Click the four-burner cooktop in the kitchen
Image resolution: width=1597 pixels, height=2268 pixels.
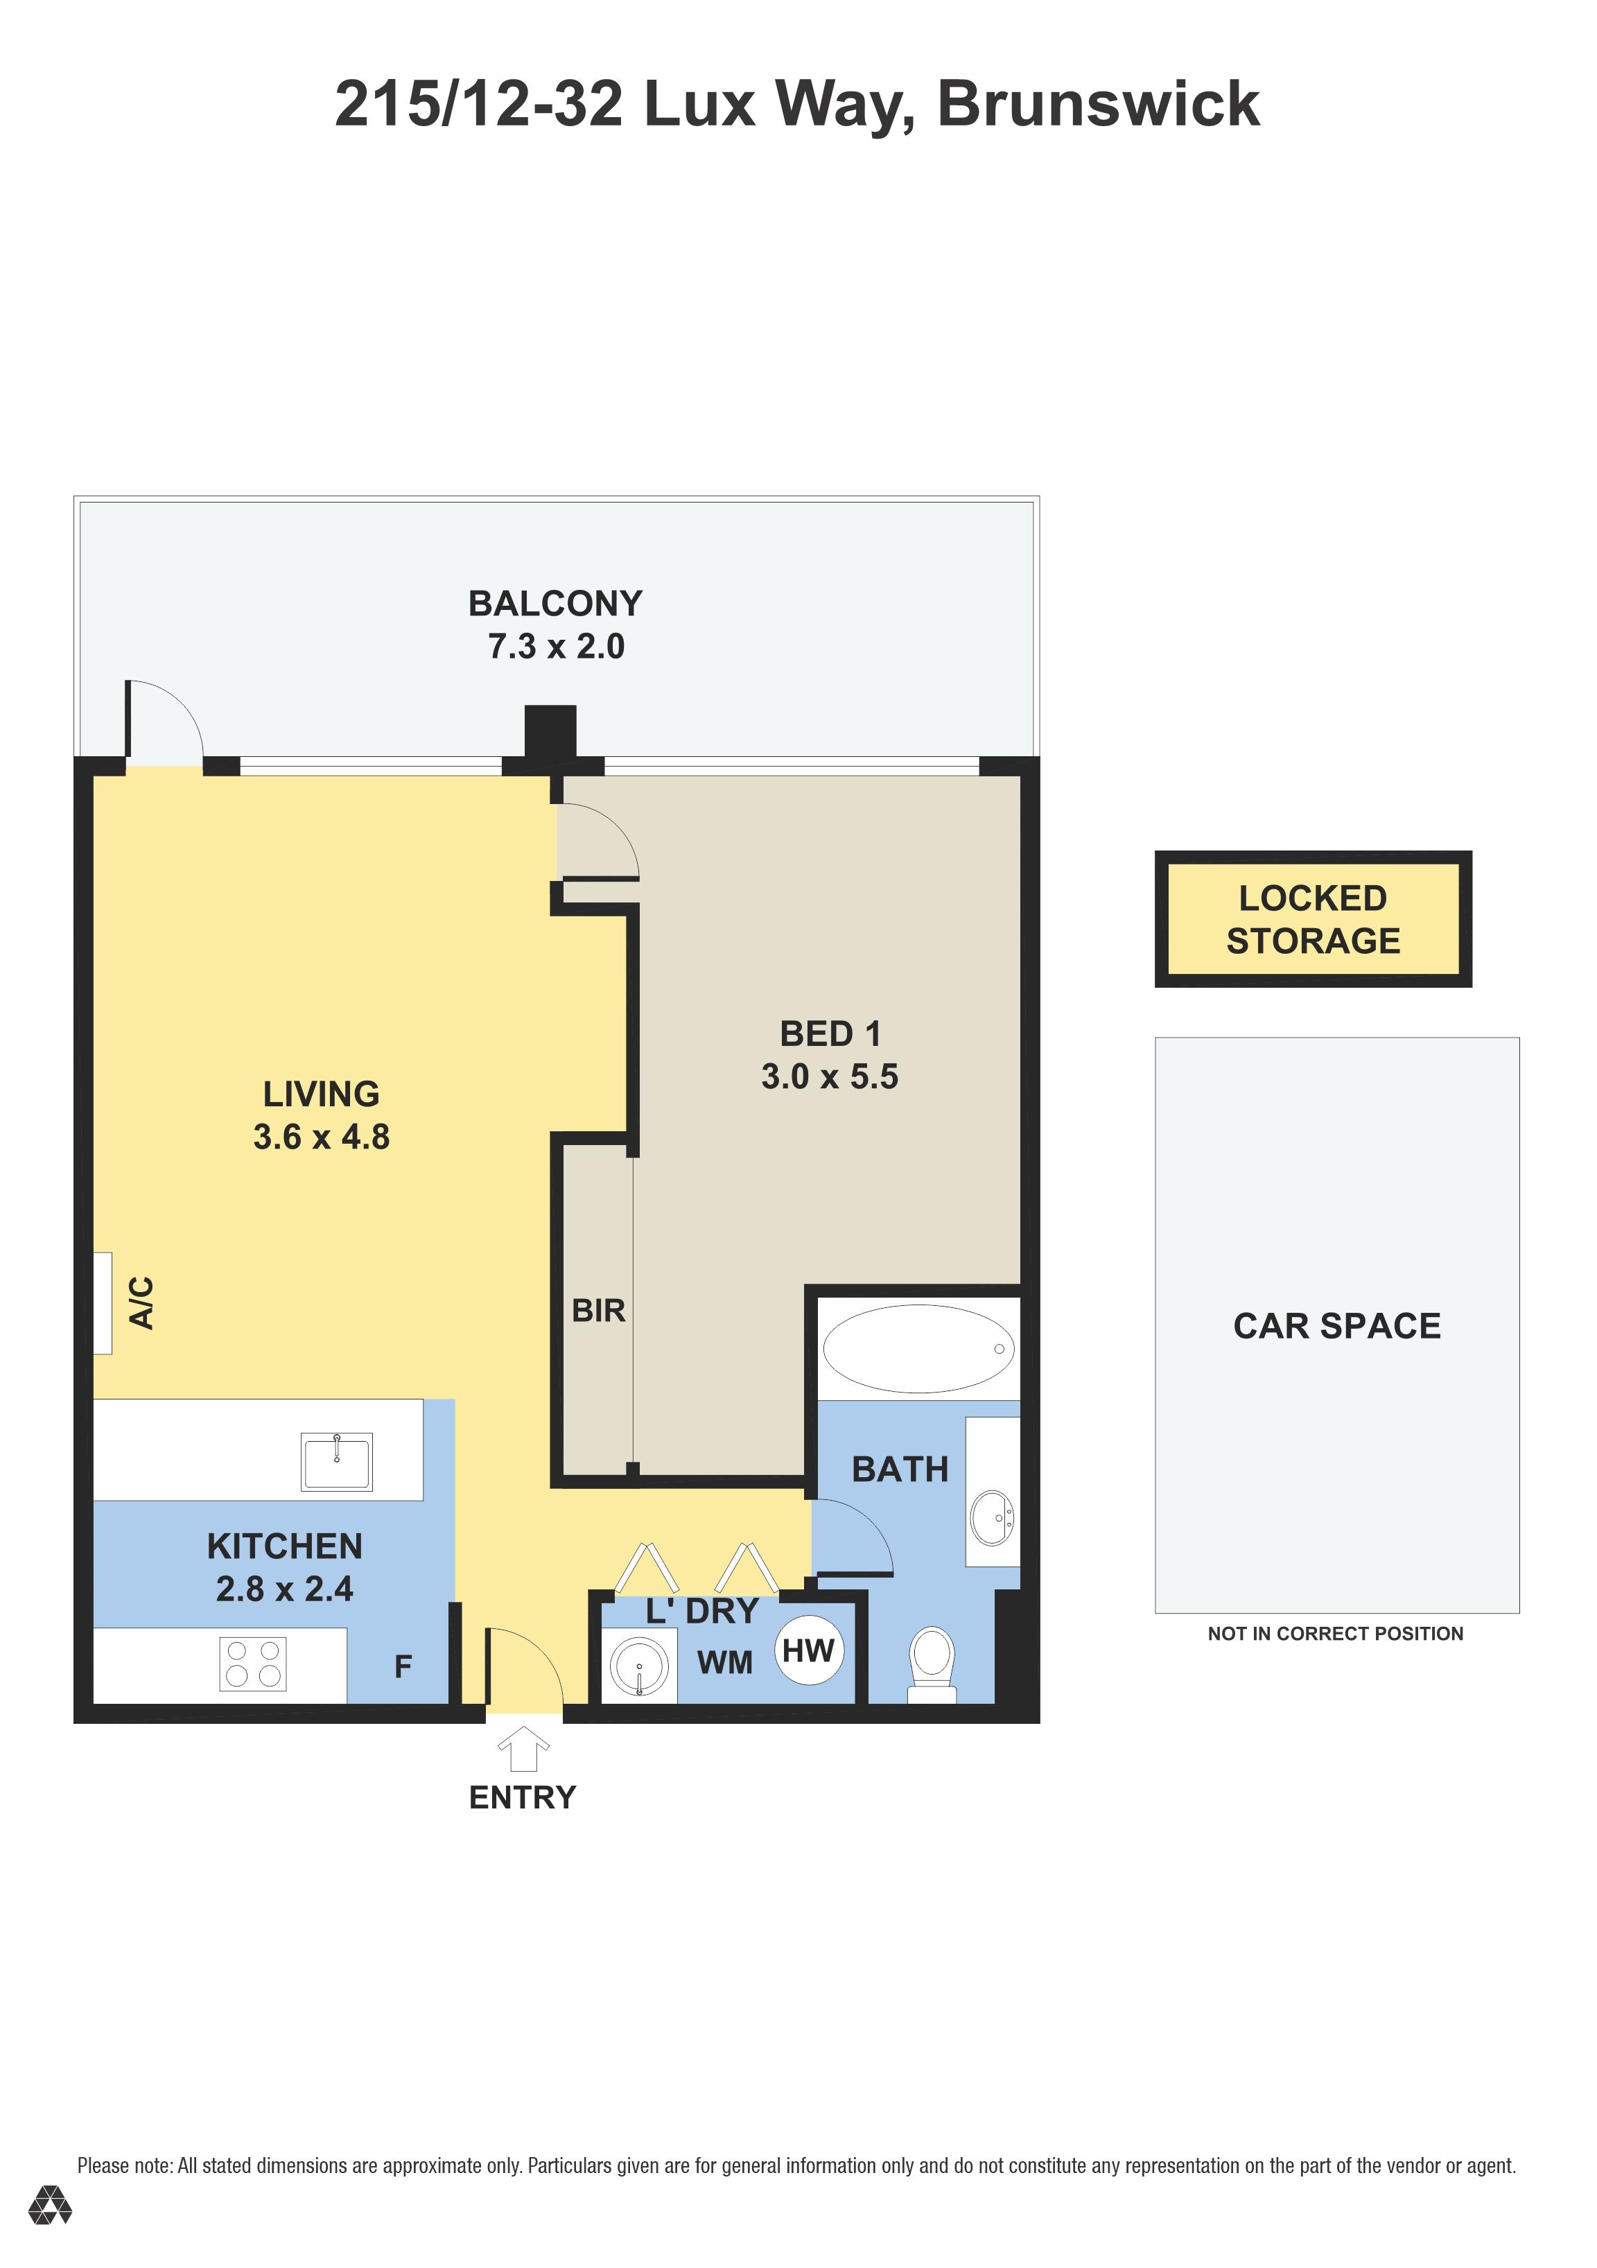253,1664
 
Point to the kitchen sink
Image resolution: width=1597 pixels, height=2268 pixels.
337,1462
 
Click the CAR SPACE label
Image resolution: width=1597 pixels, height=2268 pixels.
1336,1325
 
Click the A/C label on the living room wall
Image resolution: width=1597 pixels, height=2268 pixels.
142,1303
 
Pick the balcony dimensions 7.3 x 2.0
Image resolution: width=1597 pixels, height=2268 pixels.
556,646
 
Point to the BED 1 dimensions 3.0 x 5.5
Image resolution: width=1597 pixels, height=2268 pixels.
830,1076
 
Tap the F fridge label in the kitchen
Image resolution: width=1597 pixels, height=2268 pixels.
403,1666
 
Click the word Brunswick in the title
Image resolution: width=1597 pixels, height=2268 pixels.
1098,104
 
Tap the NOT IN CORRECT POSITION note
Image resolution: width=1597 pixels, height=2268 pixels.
1335,1634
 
